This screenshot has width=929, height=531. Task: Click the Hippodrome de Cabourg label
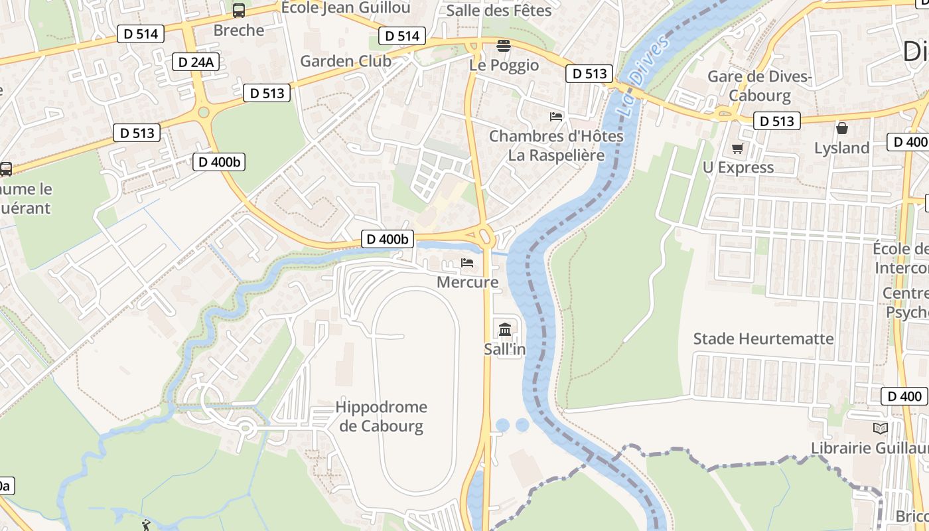[381, 416]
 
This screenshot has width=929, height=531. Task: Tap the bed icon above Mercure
[467, 263]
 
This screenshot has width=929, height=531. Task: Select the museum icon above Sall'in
[505, 329]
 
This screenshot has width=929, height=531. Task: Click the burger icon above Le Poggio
[504, 46]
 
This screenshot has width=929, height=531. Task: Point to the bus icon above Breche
[238, 11]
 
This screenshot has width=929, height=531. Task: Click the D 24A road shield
[196, 62]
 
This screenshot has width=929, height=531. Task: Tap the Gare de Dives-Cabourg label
[760, 86]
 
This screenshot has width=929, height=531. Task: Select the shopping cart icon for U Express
[737, 148]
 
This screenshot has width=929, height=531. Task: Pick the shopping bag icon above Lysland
[842, 128]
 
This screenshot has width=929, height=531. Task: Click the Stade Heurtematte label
[763, 339]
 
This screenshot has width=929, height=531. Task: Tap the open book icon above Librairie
[881, 429]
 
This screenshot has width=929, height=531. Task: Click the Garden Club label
[346, 61]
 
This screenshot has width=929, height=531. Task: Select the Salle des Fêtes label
[499, 11]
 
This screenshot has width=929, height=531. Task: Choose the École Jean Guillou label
[346, 8]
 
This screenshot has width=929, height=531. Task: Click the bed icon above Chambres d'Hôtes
[556, 117]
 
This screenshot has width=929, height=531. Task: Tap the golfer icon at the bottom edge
[146, 526]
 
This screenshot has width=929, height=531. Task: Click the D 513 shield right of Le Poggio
[589, 74]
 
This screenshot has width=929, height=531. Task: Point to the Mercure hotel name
[467, 282]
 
